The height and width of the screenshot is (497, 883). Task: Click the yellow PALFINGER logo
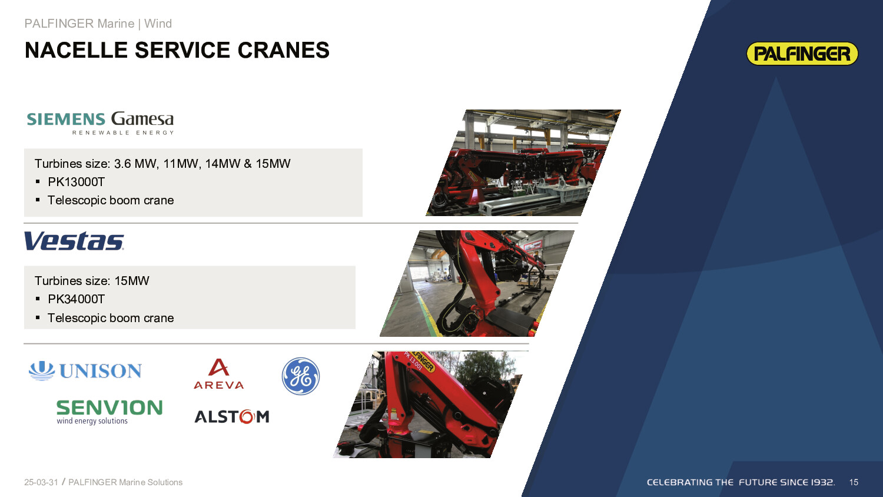click(x=802, y=53)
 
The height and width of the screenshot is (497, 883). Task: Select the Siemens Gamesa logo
click(x=100, y=122)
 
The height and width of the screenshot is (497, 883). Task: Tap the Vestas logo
click(x=74, y=241)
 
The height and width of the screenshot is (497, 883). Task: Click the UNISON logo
click(x=85, y=371)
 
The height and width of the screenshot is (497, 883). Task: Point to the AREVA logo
click(x=219, y=374)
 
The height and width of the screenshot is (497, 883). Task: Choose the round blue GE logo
click(x=301, y=376)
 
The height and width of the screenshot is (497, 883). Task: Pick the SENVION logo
click(x=109, y=412)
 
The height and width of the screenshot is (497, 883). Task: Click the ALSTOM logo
click(x=232, y=416)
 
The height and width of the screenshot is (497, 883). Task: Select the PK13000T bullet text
click(x=76, y=182)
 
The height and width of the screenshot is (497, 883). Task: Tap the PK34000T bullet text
click(x=76, y=299)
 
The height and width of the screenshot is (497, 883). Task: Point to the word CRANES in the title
click(x=283, y=50)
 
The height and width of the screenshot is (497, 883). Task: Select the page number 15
click(x=854, y=482)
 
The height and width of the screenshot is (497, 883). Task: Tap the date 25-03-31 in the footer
click(x=41, y=482)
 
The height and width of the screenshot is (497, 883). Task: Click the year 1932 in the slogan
click(x=822, y=482)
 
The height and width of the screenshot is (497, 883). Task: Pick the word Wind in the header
click(x=158, y=24)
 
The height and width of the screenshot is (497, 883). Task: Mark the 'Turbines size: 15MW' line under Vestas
click(x=92, y=280)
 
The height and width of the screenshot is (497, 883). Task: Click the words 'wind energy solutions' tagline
click(x=92, y=421)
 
